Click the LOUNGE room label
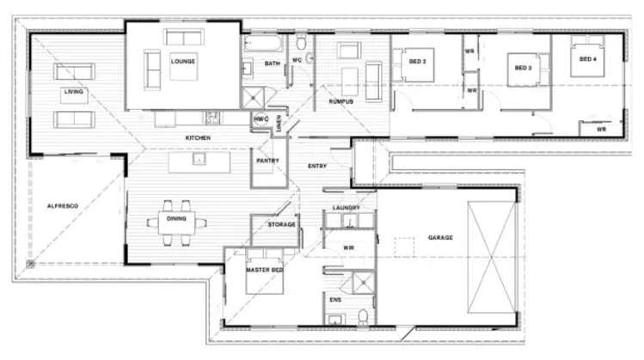(182, 61)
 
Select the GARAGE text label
(439, 237)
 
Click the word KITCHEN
(198, 137)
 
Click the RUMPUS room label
(341, 101)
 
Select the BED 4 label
(588, 59)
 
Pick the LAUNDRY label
(346, 207)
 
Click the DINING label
(176, 219)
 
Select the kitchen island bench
(199, 160)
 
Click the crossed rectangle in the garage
(490, 259)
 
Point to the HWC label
(261, 119)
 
